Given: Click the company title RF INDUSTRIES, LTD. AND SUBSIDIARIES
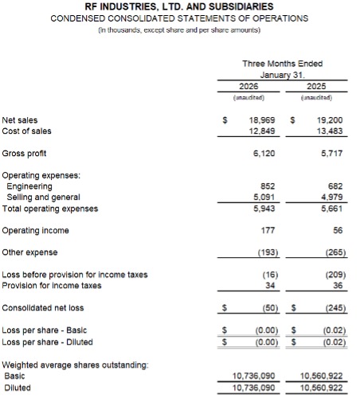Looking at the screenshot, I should (179, 7).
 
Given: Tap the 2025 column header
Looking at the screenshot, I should (317, 85).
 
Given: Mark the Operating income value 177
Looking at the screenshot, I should (268, 231).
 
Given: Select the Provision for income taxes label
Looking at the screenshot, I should (52, 285).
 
